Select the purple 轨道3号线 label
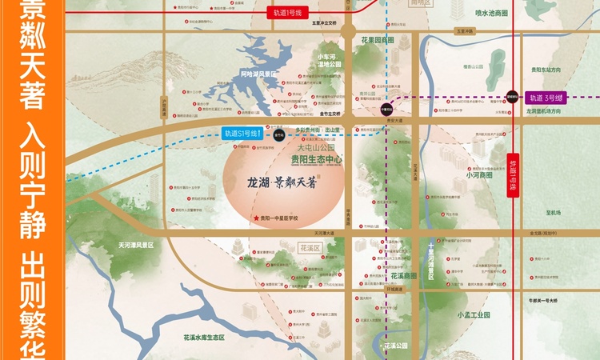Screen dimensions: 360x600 coord(545,98)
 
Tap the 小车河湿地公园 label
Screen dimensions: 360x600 coord(329,60)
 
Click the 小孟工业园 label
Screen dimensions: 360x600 coord(472,315)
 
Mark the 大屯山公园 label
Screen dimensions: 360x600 coord(314,148)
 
